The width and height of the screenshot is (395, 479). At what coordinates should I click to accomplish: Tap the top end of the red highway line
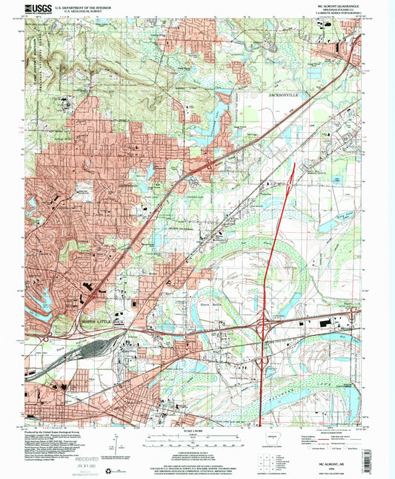[294, 163]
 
